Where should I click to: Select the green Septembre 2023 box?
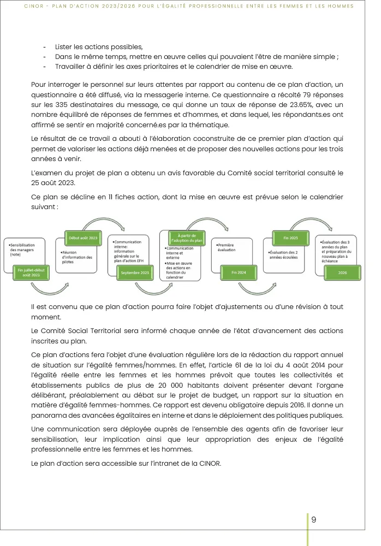tap(135, 272)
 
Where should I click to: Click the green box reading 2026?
tap(343, 272)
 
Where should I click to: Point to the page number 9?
tap(313, 519)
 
